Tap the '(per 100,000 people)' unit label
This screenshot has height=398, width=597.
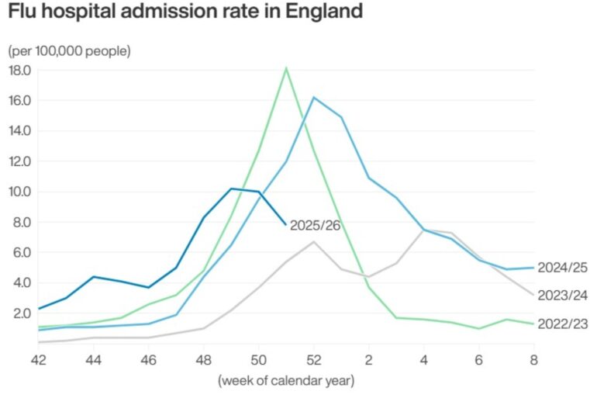tap(69, 51)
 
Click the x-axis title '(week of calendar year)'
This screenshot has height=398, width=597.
tap(286, 380)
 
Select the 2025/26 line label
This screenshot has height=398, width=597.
tap(315, 226)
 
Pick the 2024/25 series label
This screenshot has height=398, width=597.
tap(561, 268)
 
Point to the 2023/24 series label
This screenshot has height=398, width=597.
tap(561, 295)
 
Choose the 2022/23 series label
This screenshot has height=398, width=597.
tap(561, 324)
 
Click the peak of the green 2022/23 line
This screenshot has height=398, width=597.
tap(286, 68)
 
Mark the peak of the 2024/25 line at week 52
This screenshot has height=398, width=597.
tap(313, 97)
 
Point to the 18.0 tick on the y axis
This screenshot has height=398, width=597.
tap(19, 70)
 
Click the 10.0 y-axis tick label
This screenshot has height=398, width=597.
tap(19, 192)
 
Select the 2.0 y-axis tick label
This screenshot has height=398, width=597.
tap(22, 313)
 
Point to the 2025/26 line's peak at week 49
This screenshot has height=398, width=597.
tap(231, 189)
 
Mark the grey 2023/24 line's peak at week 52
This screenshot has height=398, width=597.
tap(313, 242)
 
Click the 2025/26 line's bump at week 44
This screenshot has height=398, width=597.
tap(94, 276)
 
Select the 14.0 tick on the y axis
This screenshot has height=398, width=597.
tap(19, 130)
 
